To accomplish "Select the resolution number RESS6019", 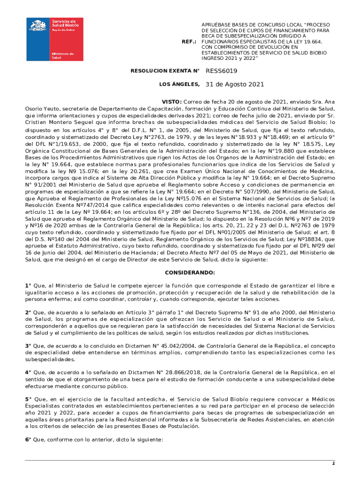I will [222, 71].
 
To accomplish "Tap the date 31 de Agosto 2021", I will [235, 85].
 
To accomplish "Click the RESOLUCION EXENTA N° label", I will [165, 71].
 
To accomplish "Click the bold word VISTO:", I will [172, 102].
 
